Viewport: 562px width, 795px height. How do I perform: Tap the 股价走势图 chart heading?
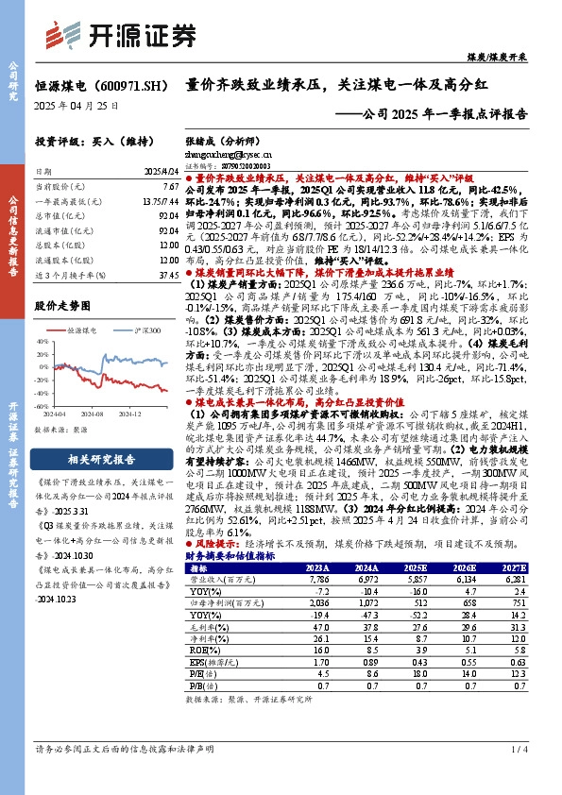coord(60,306)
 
